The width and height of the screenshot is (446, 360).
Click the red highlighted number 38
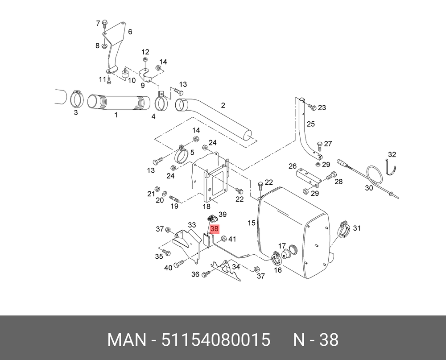click(214, 228)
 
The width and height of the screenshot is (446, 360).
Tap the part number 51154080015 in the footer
click(215, 339)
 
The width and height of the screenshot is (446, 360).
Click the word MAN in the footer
click(126, 339)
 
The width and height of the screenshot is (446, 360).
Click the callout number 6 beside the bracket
click(130, 32)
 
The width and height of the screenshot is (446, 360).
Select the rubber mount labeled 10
click(124, 74)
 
